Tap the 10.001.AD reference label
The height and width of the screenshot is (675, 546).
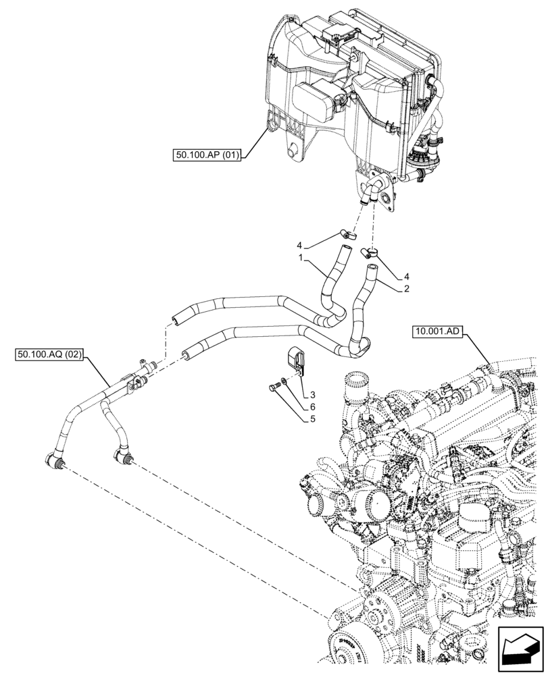point(437,331)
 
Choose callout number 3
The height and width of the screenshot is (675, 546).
point(314,394)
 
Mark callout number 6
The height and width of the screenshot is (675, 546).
point(313,406)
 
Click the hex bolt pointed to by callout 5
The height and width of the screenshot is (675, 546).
point(274,387)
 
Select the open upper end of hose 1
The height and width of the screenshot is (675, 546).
point(344,252)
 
